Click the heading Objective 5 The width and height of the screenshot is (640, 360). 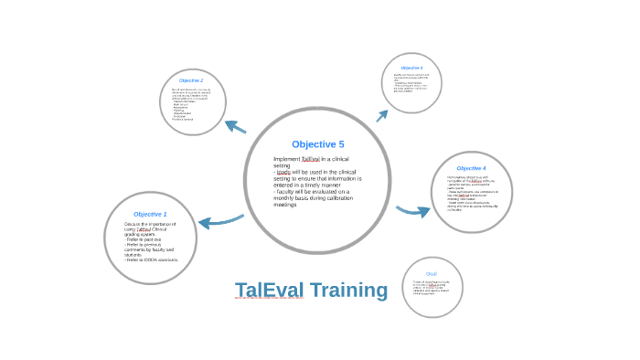317,144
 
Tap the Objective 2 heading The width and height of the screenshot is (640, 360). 191,80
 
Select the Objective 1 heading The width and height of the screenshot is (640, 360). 150,214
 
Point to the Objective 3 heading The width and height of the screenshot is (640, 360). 411,69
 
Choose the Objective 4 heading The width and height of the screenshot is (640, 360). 471,168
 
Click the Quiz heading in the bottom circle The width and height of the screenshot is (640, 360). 432,273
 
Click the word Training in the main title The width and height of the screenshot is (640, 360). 348,291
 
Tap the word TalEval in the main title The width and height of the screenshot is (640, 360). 269,291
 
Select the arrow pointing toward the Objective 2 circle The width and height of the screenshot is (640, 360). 235,126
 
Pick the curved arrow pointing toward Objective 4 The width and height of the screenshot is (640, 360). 413,211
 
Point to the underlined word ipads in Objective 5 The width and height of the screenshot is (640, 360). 283,172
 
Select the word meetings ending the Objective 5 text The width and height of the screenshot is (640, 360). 285,205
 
